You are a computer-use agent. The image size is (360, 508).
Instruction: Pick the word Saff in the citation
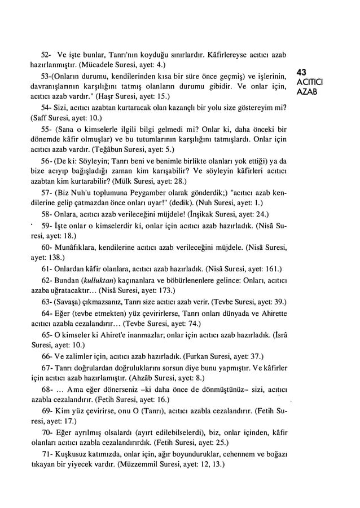click(40, 118)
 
